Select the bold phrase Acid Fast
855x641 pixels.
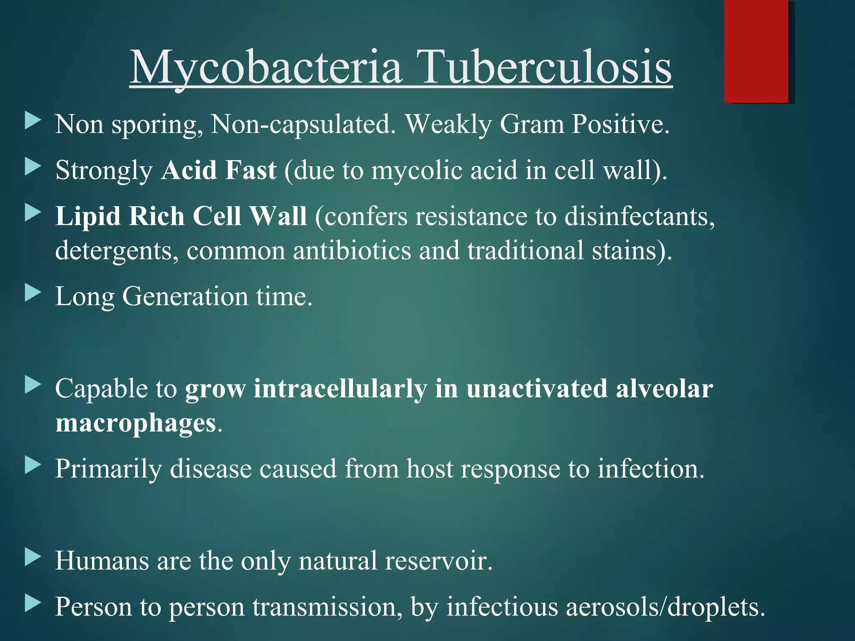[x=219, y=170]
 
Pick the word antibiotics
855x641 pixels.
[x=352, y=251]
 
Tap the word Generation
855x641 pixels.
[x=185, y=297]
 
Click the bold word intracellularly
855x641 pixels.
[x=340, y=389]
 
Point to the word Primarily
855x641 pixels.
[x=108, y=469]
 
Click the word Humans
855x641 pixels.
[x=102, y=560]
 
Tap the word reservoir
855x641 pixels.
[x=438, y=560]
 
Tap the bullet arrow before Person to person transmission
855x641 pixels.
[x=33, y=603]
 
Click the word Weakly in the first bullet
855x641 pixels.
[x=449, y=125]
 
